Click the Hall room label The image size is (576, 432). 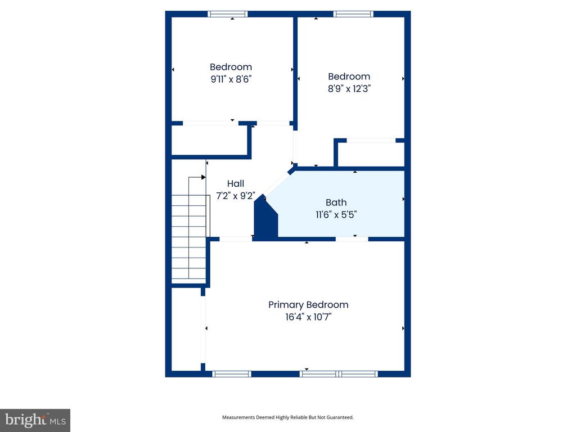coord(236,183)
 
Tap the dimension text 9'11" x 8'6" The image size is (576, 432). coord(231,79)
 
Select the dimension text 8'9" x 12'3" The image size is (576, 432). coord(349,88)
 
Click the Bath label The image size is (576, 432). coord(336,202)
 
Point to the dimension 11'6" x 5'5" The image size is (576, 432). coord(336,214)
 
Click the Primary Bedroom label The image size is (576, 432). coord(308,305)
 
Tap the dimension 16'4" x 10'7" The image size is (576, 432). coord(308,317)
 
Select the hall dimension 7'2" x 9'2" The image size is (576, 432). coord(236,196)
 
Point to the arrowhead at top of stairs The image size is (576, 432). coord(204,177)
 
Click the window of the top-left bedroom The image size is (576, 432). coord(228,14)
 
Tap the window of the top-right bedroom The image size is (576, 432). coord(353,14)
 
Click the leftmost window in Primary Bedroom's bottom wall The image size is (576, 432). coord(232,373)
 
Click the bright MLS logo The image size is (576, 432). coord(35,420)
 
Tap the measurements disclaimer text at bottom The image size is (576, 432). coord(288,417)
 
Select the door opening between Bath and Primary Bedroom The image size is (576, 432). coord(352,239)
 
